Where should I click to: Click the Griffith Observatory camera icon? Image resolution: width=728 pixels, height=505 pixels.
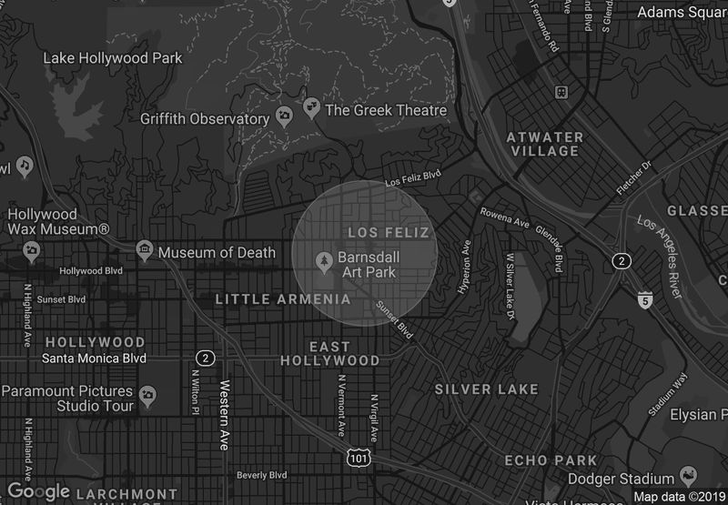click(x=284, y=117)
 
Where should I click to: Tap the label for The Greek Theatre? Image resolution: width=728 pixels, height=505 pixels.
click(x=386, y=110)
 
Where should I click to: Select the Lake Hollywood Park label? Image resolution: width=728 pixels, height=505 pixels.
click(x=113, y=58)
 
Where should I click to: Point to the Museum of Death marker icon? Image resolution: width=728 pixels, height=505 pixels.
click(x=144, y=250)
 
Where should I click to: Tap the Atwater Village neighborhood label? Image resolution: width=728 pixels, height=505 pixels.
click(x=544, y=144)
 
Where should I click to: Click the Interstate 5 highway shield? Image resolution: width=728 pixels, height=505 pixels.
click(x=645, y=299)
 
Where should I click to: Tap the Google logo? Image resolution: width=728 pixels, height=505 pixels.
click(x=38, y=491)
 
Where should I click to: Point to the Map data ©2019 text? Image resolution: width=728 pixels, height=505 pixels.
click(x=677, y=497)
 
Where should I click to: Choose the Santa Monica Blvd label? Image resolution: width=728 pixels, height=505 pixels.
click(x=95, y=359)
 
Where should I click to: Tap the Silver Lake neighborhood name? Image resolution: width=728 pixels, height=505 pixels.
click(x=486, y=389)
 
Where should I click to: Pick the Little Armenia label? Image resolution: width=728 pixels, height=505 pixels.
click(x=283, y=298)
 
